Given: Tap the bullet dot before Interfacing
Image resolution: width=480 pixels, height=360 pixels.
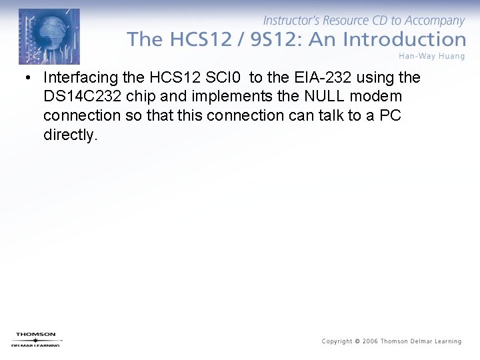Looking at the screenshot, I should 27,78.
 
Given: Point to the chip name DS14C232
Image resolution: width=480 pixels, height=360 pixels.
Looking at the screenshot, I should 82,97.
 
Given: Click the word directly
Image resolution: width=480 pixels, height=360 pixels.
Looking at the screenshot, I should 70,135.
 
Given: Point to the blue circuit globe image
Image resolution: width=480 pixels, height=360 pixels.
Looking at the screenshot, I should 49,36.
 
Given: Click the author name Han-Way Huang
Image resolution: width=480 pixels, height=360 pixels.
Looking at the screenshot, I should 432,55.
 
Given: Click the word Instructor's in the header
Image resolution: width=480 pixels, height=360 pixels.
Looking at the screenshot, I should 292,21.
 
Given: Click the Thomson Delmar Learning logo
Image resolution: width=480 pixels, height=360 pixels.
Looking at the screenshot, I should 37,339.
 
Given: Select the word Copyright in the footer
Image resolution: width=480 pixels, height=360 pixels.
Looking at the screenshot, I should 337,341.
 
